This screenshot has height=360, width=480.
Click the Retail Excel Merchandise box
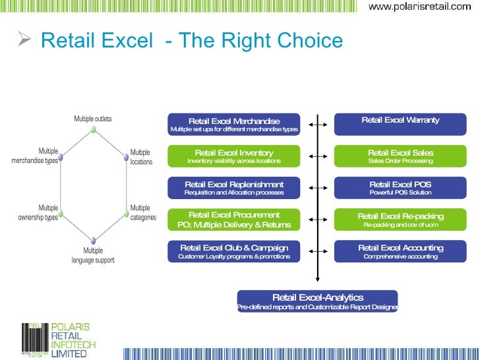click(234, 124)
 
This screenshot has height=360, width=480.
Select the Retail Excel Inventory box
click(234, 156)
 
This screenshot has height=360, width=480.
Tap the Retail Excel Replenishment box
click(234, 188)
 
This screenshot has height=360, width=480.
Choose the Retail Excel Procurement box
click(234, 220)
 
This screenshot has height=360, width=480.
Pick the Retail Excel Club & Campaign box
click(234, 251)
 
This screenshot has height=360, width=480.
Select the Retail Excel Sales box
click(400, 156)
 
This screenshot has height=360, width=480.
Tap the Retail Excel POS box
click(400, 188)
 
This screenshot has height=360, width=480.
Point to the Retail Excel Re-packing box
click(400, 220)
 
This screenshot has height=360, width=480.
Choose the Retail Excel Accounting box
click(400, 251)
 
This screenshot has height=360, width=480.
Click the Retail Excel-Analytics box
click(318, 301)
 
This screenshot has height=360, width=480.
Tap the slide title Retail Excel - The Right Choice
click(192, 42)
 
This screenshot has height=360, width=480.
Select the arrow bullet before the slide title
click(25, 41)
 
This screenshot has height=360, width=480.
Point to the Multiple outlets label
click(92, 119)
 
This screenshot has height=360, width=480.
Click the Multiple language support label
click(93, 255)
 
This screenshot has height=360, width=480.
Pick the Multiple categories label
click(143, 212)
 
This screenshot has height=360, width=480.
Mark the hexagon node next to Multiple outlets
click(94, 130)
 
